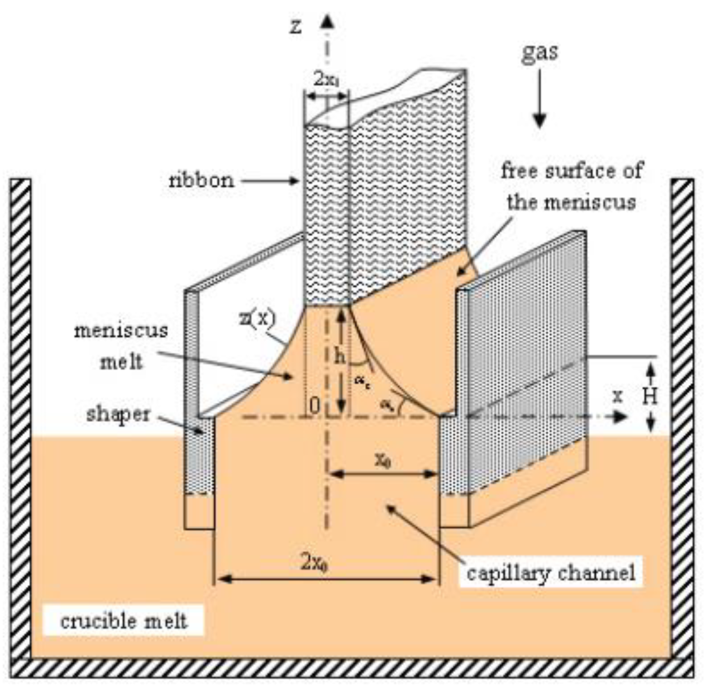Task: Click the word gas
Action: (x=540, y=52)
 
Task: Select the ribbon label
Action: (x=201, y=180)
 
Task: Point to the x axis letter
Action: (x=617, y=396)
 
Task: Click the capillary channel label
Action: (x=551, y=572)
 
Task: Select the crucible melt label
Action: (x=124, y=621)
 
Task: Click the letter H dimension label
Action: (x=650, y=396)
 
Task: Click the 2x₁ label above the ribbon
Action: (x=326, y=80)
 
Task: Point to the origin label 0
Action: (x=315, y=406)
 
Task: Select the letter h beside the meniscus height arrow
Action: (x=340, y=357)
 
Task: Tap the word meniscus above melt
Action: (x=121, y=331)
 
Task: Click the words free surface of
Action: (x=572, y=171)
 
